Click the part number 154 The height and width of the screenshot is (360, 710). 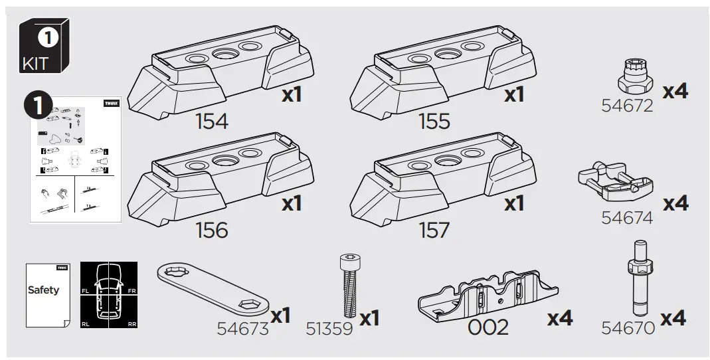211,122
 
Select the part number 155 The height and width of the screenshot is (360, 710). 434,122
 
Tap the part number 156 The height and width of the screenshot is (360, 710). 211,230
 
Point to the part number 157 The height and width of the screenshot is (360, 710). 434,230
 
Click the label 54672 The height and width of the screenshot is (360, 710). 627,106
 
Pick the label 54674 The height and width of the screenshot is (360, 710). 627,217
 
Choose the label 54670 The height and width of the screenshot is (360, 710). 628,327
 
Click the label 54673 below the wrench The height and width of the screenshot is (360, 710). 242,328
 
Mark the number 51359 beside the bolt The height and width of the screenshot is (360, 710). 329,328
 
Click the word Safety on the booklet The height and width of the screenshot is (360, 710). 43,290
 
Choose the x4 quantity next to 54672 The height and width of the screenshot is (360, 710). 675,91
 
